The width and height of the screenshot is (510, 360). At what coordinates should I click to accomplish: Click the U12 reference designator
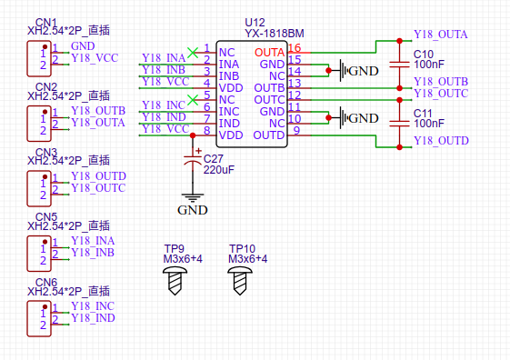click(x=255, y=22)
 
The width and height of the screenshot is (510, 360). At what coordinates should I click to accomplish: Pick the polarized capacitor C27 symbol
click(x=192, y=159)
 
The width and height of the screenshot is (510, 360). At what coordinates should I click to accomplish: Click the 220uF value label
click(x=219, y=169)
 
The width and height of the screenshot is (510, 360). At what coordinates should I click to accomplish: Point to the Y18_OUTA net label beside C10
click(x=440, y=35)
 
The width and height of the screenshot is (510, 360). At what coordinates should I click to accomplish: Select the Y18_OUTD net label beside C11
click(x=440, y=141)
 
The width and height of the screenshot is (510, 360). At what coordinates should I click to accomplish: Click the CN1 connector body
click(x=37, y=58)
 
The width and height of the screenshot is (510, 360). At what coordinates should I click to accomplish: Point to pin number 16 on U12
click(x=295, y=48)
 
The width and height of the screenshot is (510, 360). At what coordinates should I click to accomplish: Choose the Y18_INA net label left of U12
click(x=164, y=59)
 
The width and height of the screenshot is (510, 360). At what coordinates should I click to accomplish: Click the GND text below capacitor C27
click(x=192, y=210)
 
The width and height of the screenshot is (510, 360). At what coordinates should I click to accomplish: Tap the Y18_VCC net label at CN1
click(x=94, y=57)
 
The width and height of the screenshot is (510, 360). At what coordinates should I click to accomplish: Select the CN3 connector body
click(x=37, y=187)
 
